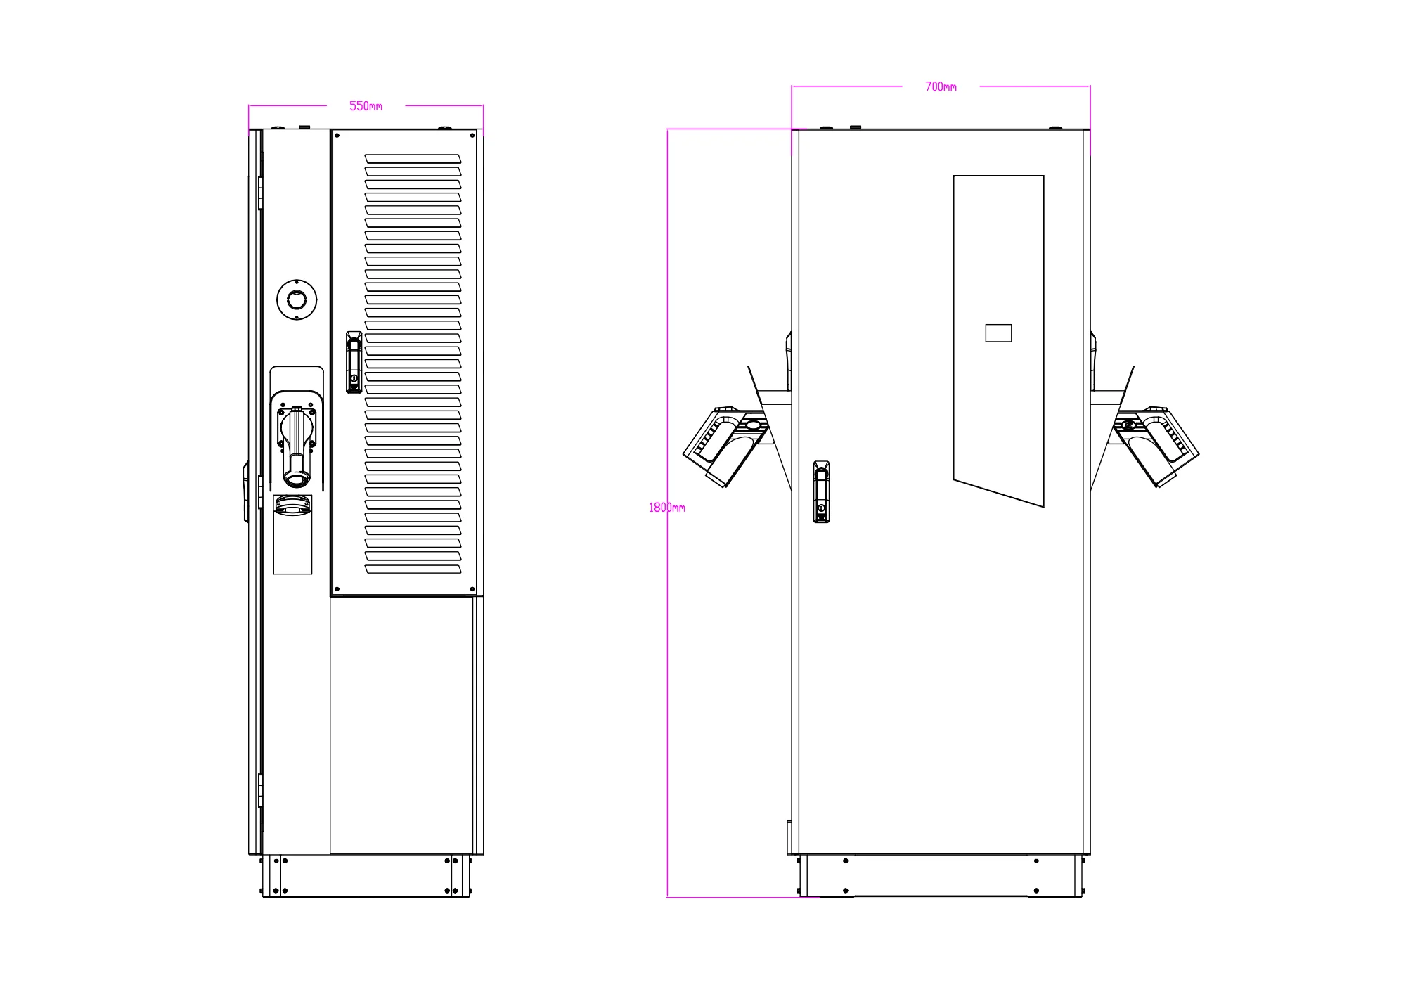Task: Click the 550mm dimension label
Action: [x=366, y=106]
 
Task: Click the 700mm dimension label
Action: [x=941, y=87]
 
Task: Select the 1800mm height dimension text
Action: [x=666, y=508]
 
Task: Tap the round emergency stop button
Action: [x=297, y=299]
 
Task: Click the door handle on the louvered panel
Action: [x=354, y=362]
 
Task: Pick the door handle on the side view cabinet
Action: [x=821, y=491]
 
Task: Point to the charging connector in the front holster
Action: [x=297, y=446]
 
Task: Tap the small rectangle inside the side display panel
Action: [x=998, y=333]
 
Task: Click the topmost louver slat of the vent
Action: [x=413, y=159]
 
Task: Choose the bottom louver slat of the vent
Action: [x=413, y=568]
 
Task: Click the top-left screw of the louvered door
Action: [x=337, y=136]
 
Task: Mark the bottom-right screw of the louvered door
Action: [x=472, y=589]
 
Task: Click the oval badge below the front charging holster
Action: [x=292, y=504]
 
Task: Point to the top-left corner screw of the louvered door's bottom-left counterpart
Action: [x=337, y=589]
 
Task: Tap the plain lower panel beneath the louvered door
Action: [x=402, y=724]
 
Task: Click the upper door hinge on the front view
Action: [x=260, y=192]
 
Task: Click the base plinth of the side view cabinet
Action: [x=941, y=876]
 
